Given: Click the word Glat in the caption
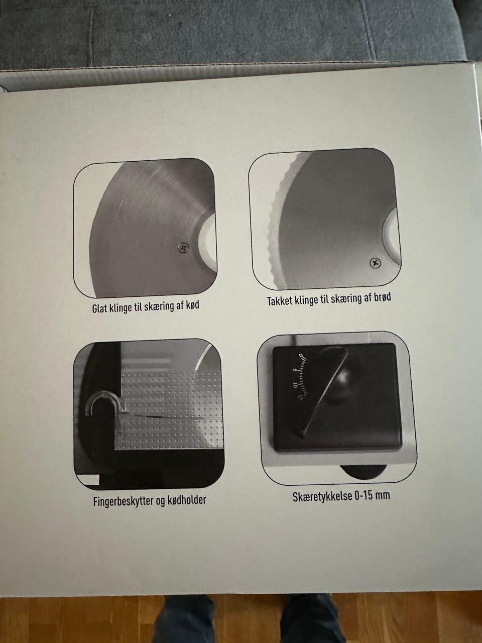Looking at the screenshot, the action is point(99,308).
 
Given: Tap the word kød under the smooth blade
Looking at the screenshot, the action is point(193,305).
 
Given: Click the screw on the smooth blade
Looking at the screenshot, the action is point(183,248).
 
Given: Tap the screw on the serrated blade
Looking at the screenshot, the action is point(375,263).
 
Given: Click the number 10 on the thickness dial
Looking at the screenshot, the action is point(295,385).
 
